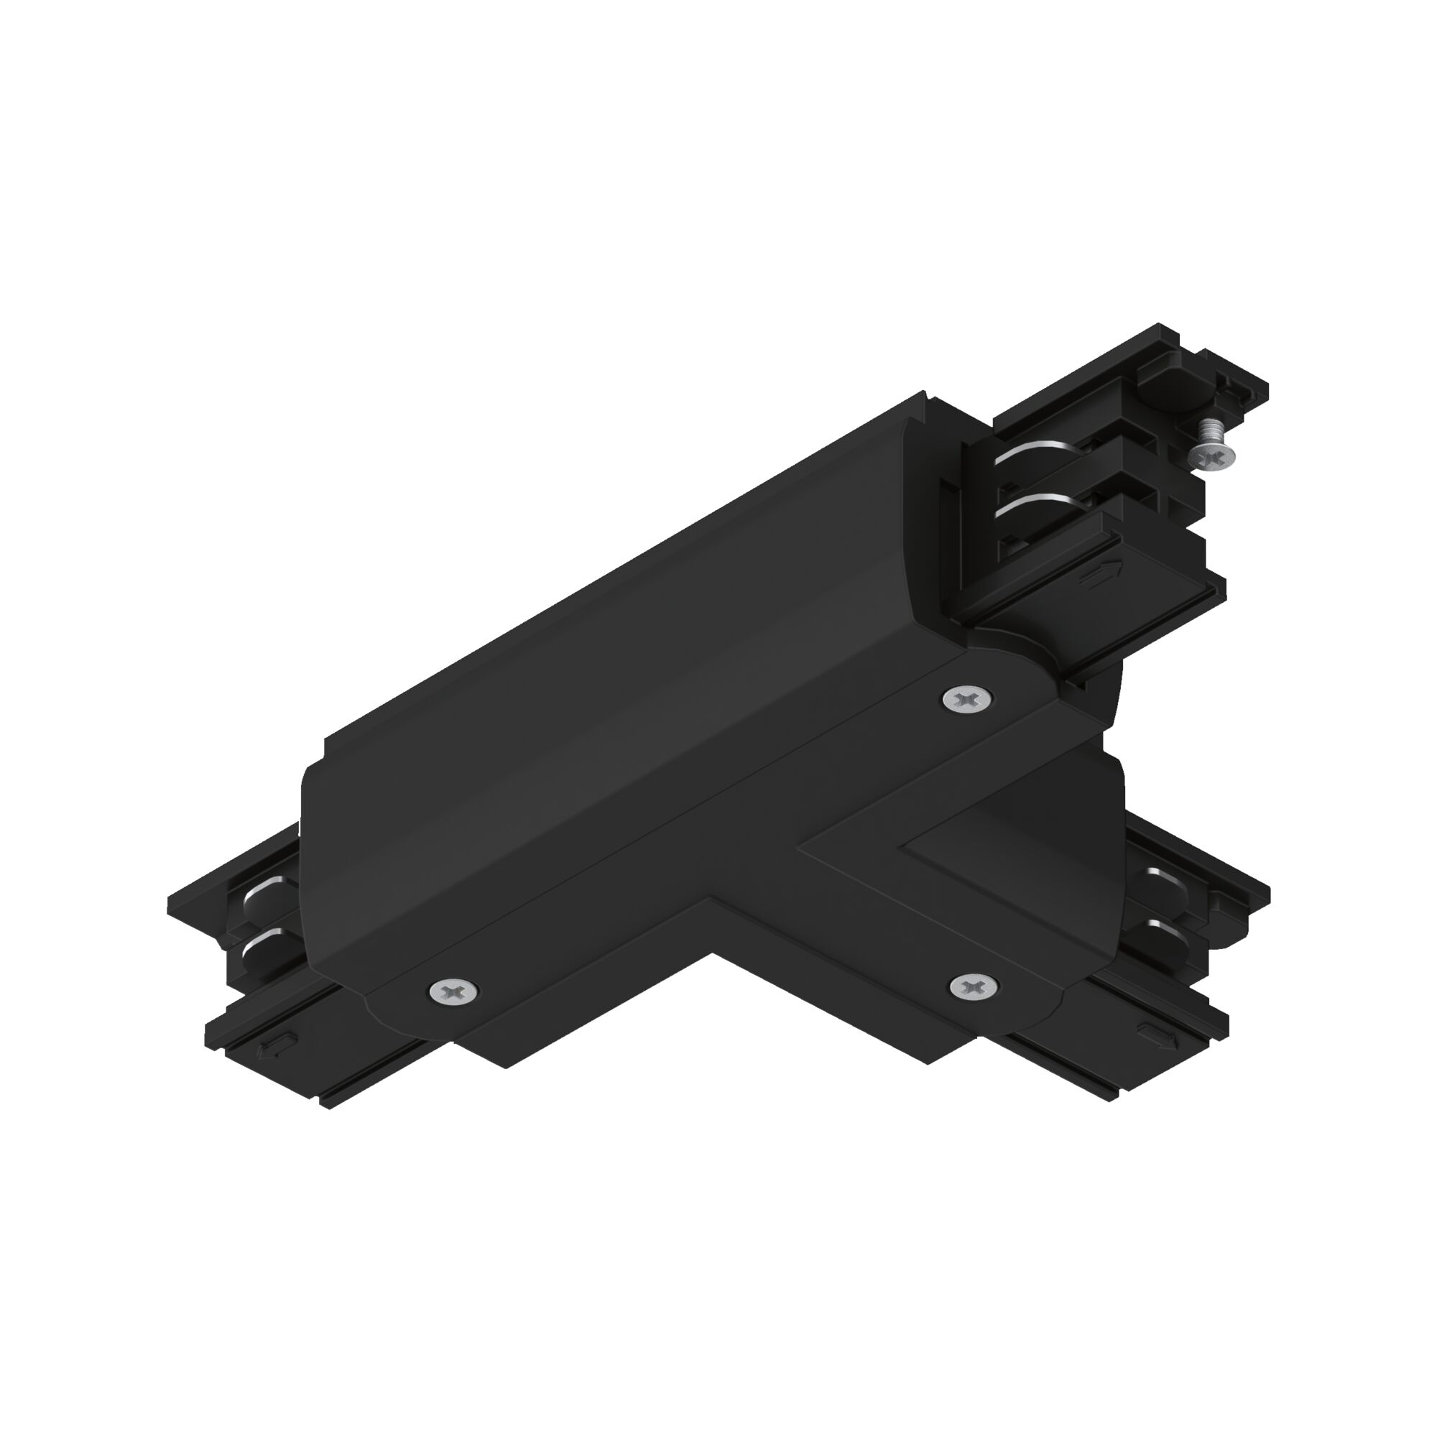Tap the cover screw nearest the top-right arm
click(966, 698)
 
